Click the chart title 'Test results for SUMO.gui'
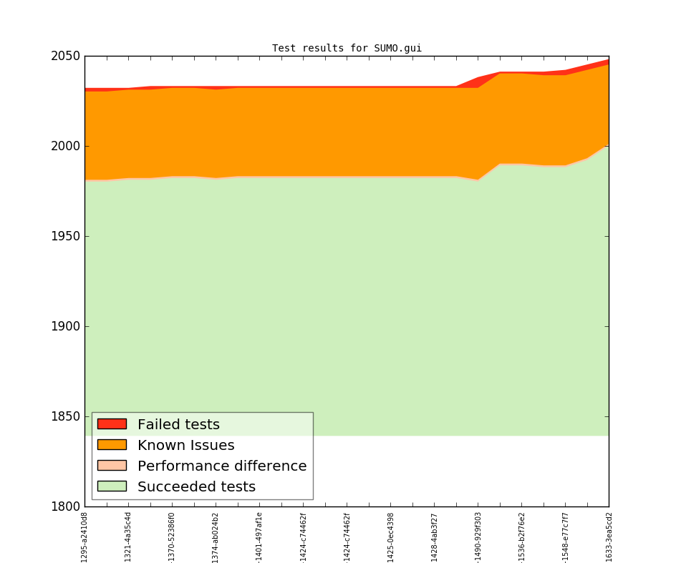pyautogui.click(x=347, y=49)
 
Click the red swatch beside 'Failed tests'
pyautogui.click(x=112, y=424)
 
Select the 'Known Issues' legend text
pyautogui.click(x=185, y=446)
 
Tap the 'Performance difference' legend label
pyautogui.click(x=222, y=466)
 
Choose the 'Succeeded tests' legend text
pyautogui.click(x=196, y=487)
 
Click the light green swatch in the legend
pyautogui.click(x=112, y=486)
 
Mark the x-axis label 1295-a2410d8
pyautogui.click(x=84, y=537)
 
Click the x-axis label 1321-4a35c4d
pyautogui.click(x=128, y=537)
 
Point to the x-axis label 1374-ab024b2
pyautogui.click(x=216, y=537)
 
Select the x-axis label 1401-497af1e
pyautogui.click(x=259, y=537)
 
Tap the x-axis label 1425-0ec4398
pyautogui.click(x=390, y=537)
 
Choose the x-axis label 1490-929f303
pyautogui.click(x=478, y=537)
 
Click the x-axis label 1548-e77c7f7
pyautogui.click(x=565, y=537)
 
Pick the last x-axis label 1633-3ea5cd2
pyautogui.click(x=609, y=537)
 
